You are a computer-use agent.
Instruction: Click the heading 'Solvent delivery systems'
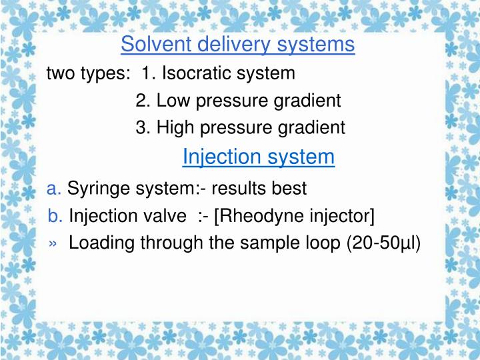tap(238, 45)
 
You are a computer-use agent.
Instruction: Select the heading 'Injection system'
tap(258, 157)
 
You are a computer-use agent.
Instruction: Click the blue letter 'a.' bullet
tap(55, 189)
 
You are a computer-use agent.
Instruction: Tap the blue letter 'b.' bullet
tap(56, 216)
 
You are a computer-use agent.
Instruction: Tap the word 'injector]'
tap(340, 216)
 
